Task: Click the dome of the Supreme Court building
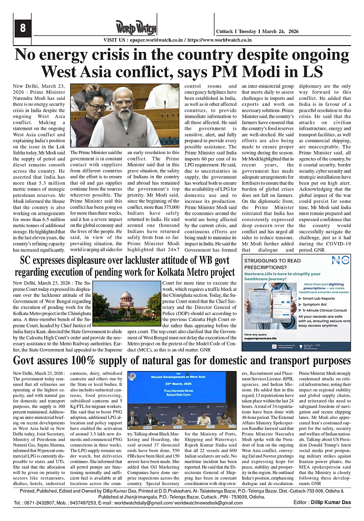pos(126,296)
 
